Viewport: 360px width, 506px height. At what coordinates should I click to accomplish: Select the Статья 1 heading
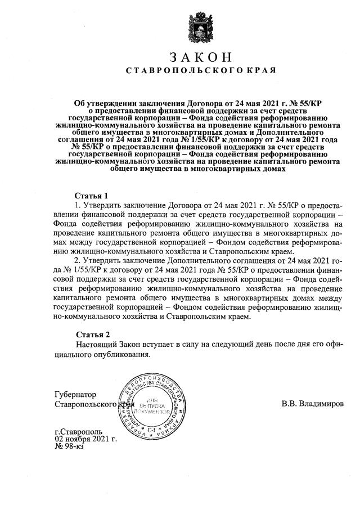91,196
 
